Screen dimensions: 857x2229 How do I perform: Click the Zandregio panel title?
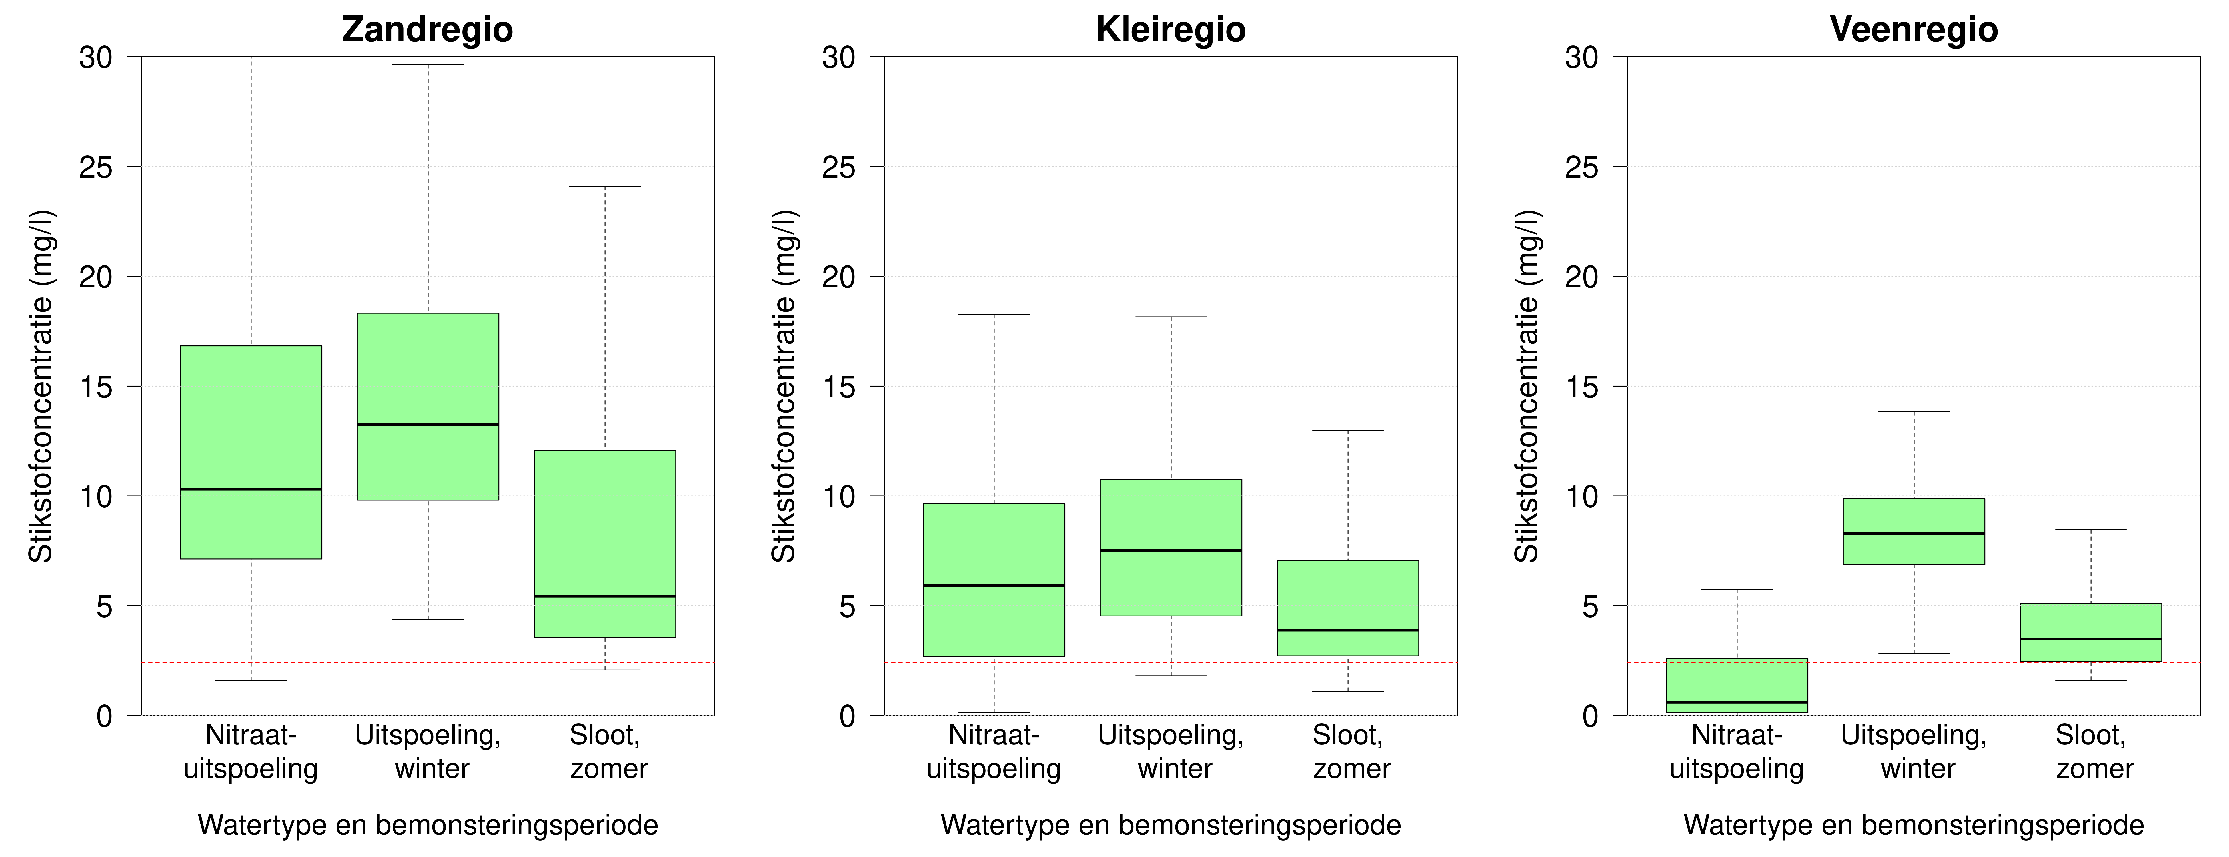point(428,29)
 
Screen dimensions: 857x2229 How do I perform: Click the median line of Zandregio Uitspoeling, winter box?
point(428,425)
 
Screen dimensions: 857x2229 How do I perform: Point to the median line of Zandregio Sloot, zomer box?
point(605,596)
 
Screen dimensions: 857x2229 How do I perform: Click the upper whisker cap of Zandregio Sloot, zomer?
point(605,186)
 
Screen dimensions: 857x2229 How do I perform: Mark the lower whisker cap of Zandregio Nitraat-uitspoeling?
point(251,680)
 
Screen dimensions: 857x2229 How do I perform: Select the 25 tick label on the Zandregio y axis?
point(96,167)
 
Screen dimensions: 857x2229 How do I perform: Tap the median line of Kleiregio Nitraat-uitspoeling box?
point(993,585)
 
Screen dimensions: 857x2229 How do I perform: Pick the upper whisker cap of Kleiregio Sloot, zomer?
point(1347,431)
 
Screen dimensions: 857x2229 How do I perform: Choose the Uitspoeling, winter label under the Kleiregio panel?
point(1171,752)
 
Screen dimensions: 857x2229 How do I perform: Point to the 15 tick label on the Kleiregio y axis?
point(838,387)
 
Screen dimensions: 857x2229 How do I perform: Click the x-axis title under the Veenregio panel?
point(1913,825)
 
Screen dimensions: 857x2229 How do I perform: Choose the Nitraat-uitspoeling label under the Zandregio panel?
point(251,752)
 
